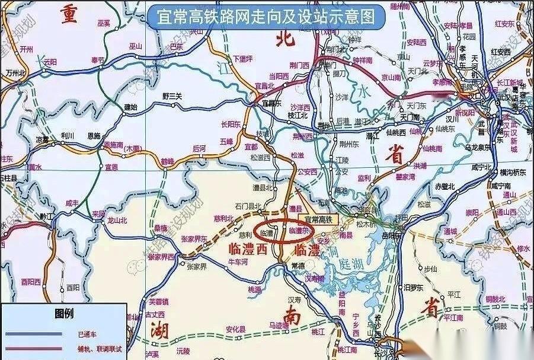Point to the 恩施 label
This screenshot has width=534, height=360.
click(94, 135)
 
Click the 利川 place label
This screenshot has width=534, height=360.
click(67, 135)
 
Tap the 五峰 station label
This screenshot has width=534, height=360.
click(226, 142)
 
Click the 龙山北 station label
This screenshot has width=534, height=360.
click(117, 220)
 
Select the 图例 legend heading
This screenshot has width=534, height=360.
click(63, 313)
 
